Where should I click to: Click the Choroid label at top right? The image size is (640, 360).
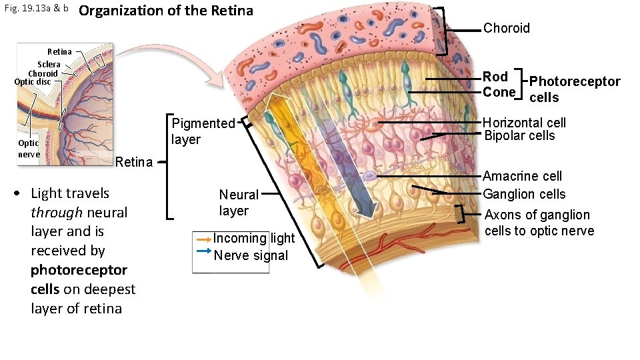click(x=506, y=28)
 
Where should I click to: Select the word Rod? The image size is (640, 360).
click(x=495, y=77)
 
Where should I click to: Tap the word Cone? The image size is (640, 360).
click(x=499, y=92)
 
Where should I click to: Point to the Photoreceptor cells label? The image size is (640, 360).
click(x=574, y=89)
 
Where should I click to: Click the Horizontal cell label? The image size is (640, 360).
click(x=524, y=123)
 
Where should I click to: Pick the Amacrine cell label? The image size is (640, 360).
click(x=522, y=176)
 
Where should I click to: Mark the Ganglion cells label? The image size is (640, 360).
click(x=524, y=194)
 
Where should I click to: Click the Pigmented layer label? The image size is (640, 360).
click(x=203, y=131)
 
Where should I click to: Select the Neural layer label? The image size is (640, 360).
click(x=238, y=202)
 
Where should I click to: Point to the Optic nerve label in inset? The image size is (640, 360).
click(x=29, y=149)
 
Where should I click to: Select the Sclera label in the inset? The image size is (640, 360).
click(x=49, y=65)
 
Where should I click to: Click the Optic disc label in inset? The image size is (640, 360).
click(x=32, y=82)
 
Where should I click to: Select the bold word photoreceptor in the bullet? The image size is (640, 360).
click(x=79, y=270)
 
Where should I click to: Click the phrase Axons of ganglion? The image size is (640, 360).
click(x=537, y=215)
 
